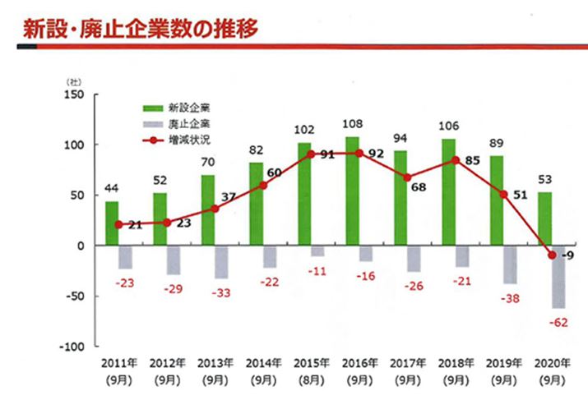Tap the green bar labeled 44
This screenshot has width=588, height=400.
point(112,223)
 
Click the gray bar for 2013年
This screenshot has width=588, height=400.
point(221,261)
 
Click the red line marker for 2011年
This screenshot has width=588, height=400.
point(119,224)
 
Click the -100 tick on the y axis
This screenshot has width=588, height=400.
point(72,346)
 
